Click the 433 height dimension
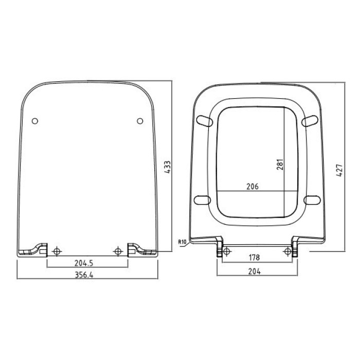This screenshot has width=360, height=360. pyautogui.click(x=168, y=167)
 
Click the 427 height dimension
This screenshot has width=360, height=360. pyautogui.click(x=339, y=170)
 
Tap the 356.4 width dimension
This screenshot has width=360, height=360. pyautogui.click(x=84, y=275)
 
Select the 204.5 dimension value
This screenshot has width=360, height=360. pyautogui.click(x=84, y=263)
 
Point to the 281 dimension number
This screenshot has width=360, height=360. pyautogui.click(x=280, y=165)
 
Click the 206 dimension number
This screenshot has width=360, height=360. pyautogui.click(x=253, y=186)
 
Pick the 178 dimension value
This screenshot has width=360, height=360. pyautogui.click(x=254, y=257)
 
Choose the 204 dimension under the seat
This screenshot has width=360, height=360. pyautogui.click(x=255, y=272)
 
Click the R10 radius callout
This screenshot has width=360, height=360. pyautogui.click(x=182, y=242)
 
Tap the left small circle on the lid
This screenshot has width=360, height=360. pyautogui.click(x=35, y=121)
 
